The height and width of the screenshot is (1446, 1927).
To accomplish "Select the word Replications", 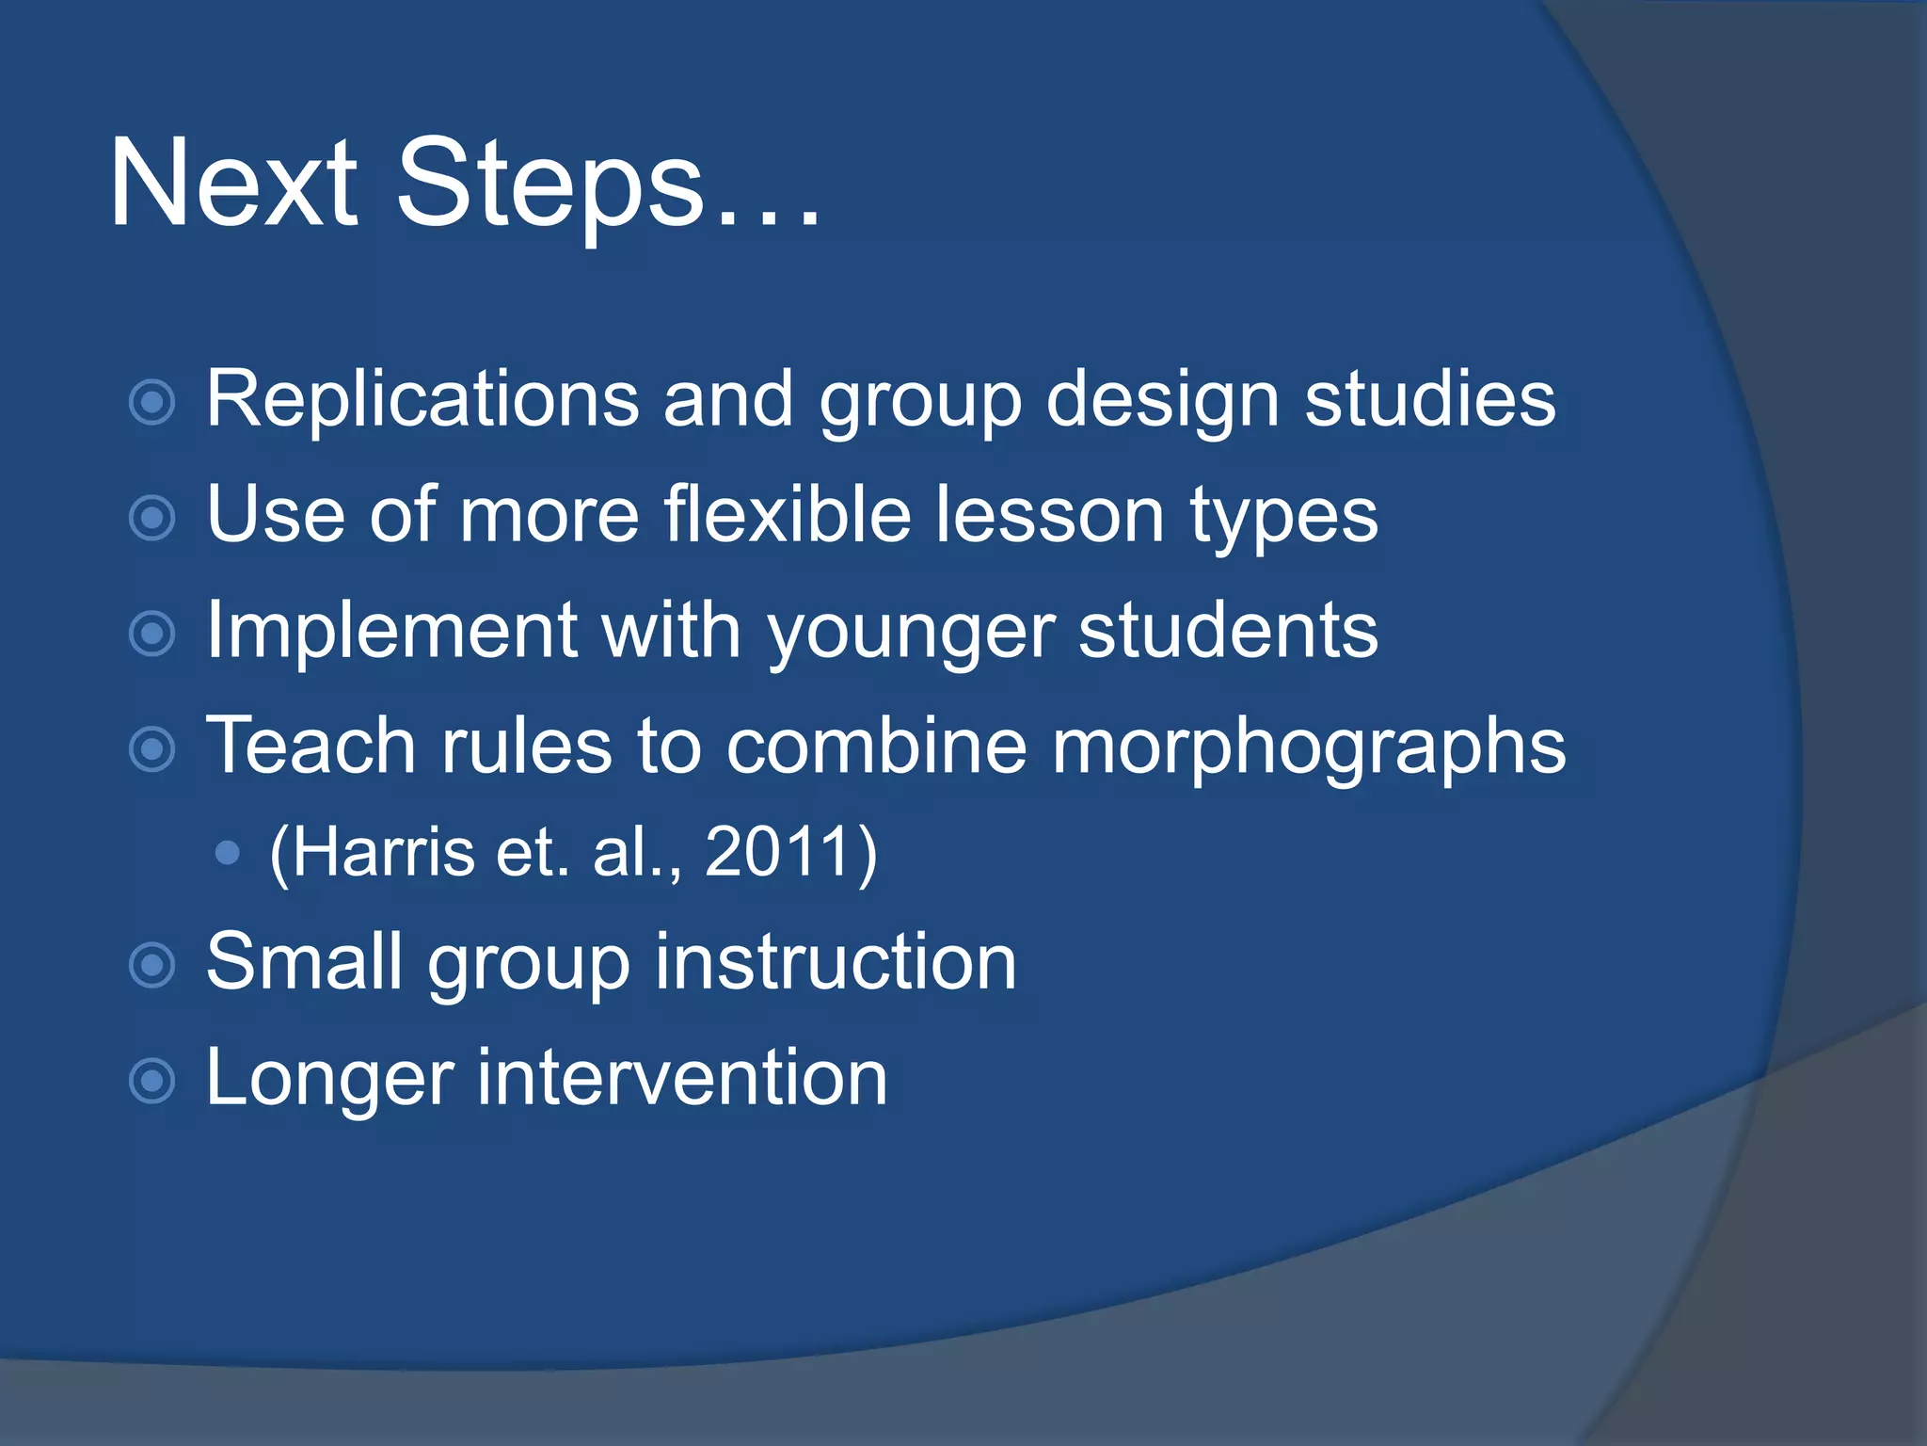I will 422,399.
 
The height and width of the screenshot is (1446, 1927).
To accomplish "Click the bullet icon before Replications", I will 152,403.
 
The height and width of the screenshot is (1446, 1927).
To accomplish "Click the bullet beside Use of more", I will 152,518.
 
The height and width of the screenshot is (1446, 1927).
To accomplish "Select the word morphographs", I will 1308,747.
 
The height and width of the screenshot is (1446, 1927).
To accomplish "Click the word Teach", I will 311,746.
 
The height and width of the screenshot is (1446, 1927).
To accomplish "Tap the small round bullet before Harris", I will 227,853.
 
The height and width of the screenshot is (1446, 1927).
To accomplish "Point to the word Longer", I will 329,1078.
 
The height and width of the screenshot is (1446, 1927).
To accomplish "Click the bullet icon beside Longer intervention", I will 152,1080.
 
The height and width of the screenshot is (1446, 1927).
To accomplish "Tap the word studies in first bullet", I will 1430,399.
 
